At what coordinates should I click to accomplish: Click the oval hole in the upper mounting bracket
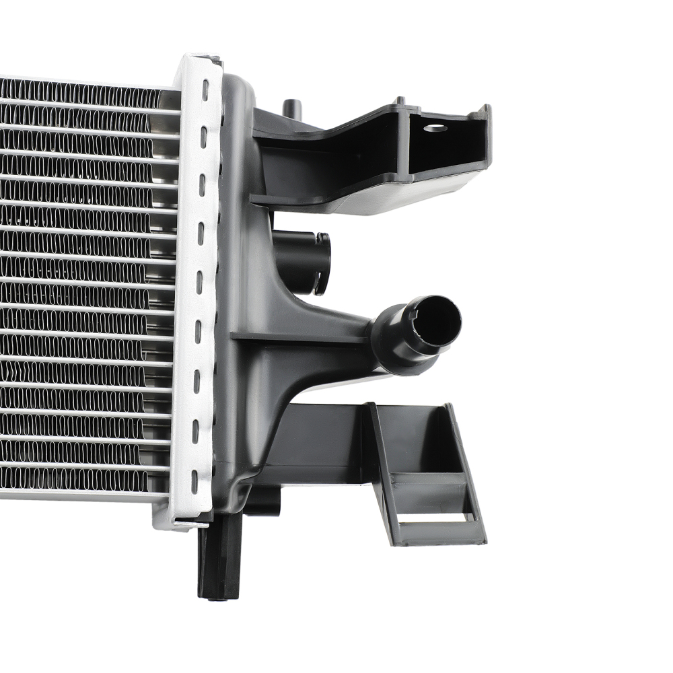click(x=435, y=128)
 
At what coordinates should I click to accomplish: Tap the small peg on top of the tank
click(x=291, y=108)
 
